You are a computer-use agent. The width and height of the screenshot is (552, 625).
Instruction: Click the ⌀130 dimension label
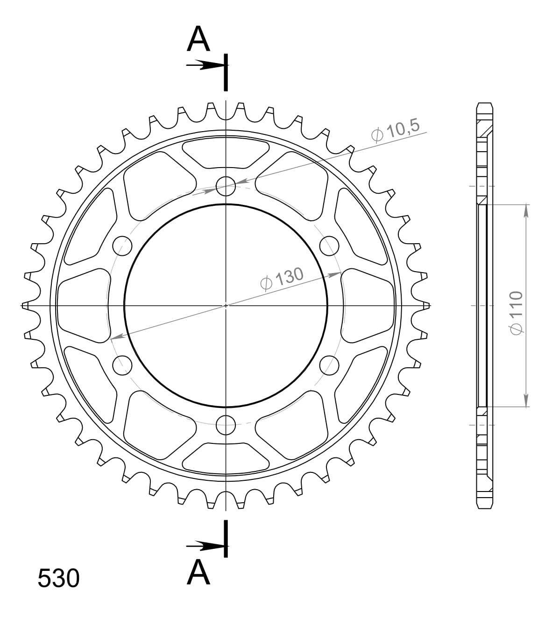coord(282,279)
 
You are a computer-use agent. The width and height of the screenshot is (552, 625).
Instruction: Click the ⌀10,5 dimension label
coord(396,130)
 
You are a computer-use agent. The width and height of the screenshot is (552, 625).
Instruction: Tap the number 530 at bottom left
coord(58,578)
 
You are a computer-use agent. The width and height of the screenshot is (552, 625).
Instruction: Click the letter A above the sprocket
coord(198,39)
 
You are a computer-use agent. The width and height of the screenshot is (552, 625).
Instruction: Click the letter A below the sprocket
coord(198,572)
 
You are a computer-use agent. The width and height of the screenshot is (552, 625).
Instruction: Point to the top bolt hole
coord(226,185)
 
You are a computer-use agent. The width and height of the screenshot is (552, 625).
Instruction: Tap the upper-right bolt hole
coord(330,245)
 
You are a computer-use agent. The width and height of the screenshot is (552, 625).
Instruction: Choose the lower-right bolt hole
coord(330,364)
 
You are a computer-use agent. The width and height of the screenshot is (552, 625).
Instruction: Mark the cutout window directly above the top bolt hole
coord(226,152)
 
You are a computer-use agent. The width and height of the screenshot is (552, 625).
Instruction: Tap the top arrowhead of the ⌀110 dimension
coord(526,211)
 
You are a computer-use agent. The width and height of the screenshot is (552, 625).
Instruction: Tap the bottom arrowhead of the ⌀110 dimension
coord(526,400)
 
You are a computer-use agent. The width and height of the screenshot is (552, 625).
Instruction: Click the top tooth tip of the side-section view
coord(485,105)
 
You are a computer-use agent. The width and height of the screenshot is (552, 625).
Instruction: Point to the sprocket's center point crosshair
coord(226,305)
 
